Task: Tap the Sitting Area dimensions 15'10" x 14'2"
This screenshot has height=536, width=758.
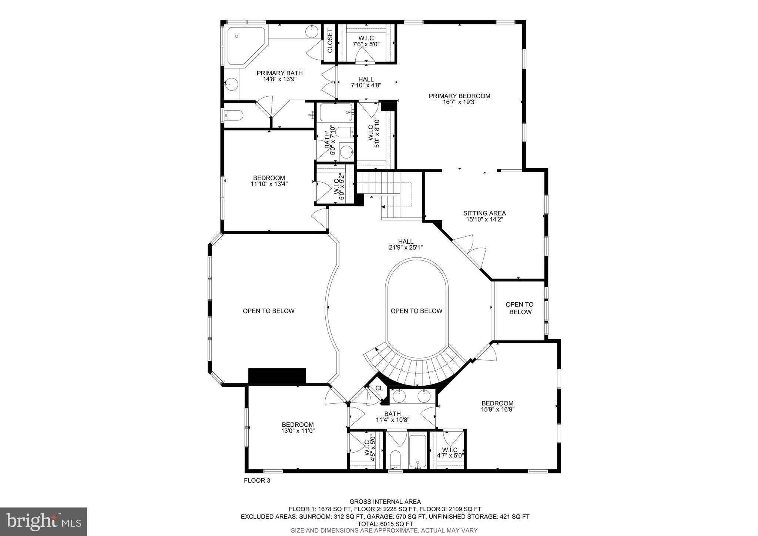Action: [x=484, y=219]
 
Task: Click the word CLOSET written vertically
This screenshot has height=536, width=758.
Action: [x=330, y=41]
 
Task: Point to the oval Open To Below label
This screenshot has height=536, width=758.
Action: [x=416, y=311]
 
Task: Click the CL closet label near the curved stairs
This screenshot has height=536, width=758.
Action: [x=379, y=388]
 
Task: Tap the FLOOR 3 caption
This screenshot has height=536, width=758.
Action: [x=257, y=480]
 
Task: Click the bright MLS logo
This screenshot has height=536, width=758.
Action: [x=44, y=522]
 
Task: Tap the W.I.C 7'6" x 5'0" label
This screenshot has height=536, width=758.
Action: [x=366, y=41]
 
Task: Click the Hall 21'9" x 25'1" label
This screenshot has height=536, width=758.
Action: [x=406, y=244]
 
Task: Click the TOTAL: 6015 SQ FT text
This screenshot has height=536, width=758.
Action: [x=385, y=524]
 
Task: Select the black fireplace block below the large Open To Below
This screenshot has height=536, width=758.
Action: [x=277, y=376]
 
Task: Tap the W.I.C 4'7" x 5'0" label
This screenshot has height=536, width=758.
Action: [x=450, y=453]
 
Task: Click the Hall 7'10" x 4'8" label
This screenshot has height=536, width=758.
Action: [x=366, y=82]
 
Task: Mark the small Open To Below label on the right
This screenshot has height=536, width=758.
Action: [x=520, y=308]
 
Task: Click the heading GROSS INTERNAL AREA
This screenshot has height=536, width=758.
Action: [x=385, y=502]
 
